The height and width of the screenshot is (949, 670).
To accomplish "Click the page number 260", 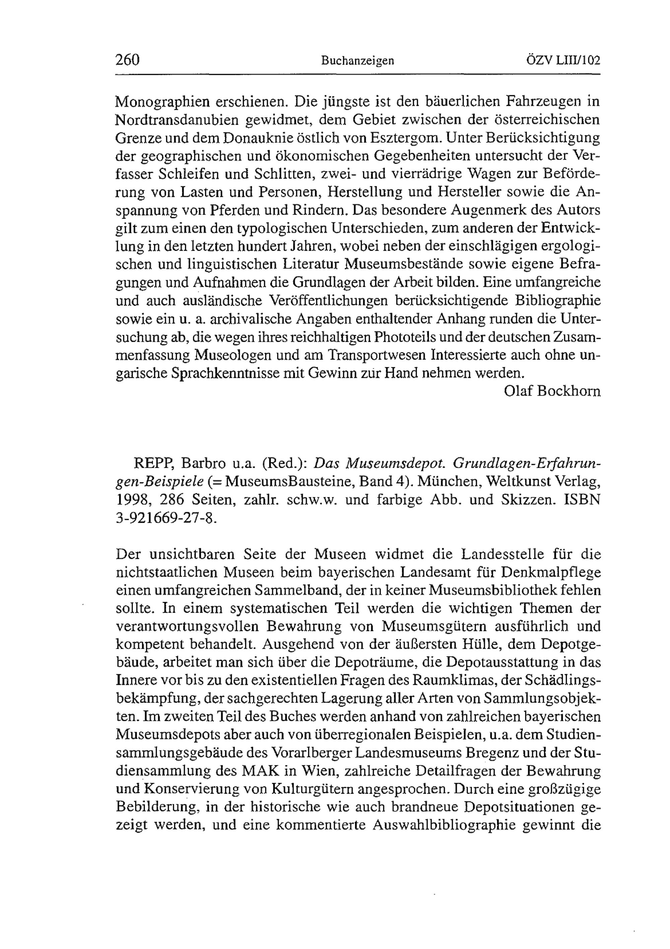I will point(128,60).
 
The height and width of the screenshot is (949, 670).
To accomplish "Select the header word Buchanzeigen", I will point(357,61).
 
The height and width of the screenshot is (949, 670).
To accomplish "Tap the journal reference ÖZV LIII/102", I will point(563,60).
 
